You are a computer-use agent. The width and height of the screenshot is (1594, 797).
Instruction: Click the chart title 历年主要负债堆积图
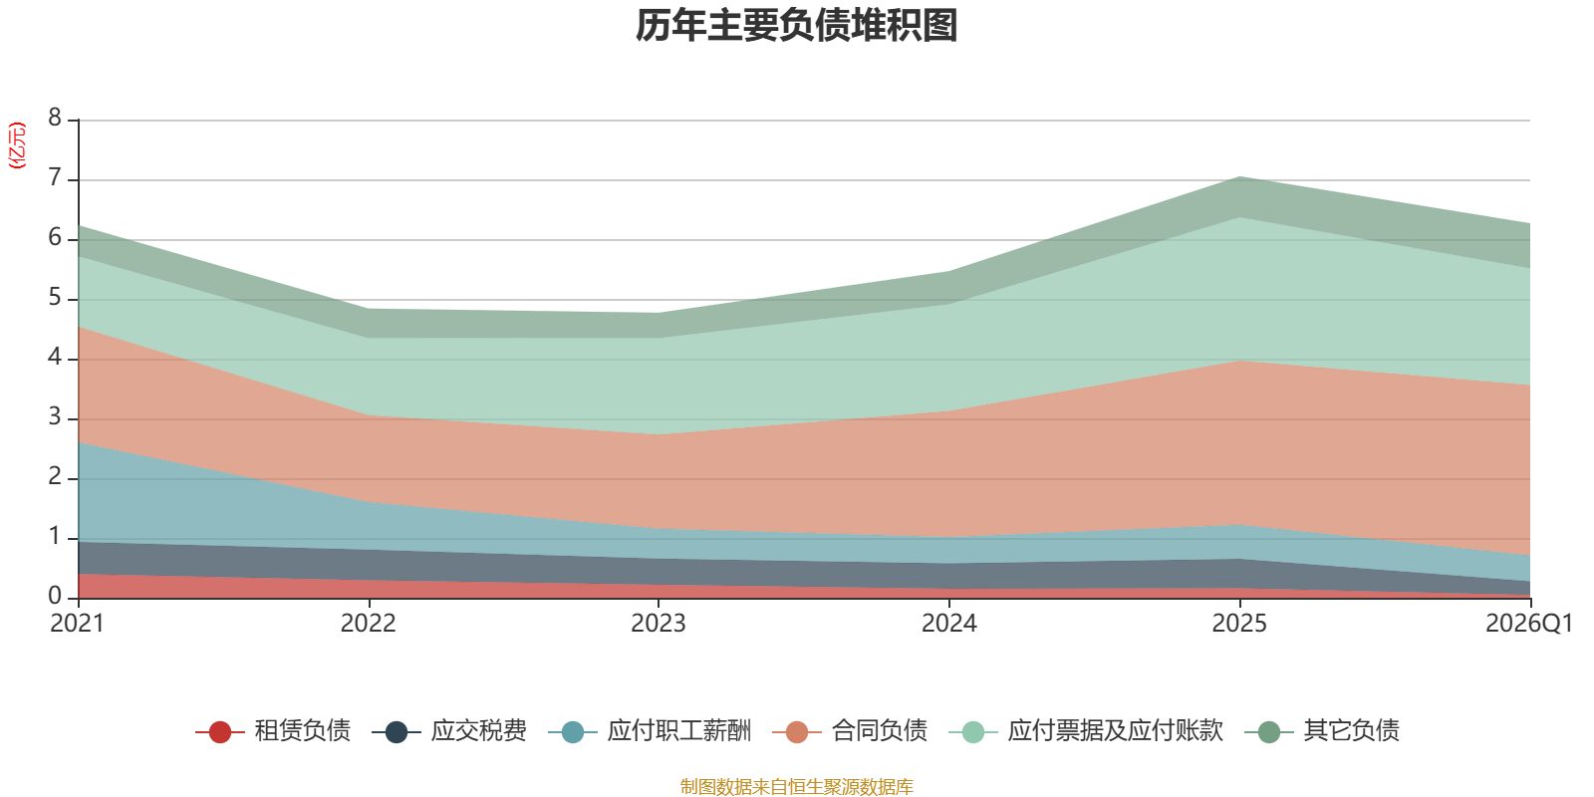[796, 26]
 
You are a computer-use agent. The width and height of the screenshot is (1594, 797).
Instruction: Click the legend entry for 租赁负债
[273, 731]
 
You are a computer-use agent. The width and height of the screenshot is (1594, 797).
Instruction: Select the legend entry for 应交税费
[449, 731]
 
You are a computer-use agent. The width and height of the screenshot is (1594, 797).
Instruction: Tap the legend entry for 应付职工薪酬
[650, 731]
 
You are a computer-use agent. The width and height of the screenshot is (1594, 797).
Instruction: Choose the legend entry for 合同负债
[850, 731]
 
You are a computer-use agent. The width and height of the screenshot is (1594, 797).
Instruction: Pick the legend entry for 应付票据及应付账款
[1086, 731]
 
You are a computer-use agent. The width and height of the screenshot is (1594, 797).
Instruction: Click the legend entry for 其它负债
[1322, 731]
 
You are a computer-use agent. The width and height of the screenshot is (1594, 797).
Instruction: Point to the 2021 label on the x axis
[78, 624]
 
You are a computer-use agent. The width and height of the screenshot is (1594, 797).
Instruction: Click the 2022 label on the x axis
[368, 624]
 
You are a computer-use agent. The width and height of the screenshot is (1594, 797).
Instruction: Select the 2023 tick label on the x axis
[659, 624]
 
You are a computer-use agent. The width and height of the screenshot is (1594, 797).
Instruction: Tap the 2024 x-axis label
[949, 624]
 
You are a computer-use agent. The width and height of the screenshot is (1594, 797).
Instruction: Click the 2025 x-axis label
[1239, 624]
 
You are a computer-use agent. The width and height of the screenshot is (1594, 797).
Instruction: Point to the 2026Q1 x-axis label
[1528, 624]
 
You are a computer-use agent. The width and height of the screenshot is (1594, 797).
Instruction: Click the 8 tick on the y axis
[55, 118]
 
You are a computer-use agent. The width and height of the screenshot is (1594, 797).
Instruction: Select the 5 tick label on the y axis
[55, 298]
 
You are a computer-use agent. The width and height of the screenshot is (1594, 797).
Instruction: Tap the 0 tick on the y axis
[55, 597]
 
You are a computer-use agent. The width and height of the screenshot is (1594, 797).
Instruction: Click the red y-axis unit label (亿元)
[16, 145]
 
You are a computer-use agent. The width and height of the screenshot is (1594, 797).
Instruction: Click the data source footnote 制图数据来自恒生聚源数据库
[796, 786]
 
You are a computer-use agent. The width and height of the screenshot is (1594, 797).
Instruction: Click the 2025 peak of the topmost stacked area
[1239, 176]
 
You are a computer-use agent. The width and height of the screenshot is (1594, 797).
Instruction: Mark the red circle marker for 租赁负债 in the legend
[220, 731]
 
